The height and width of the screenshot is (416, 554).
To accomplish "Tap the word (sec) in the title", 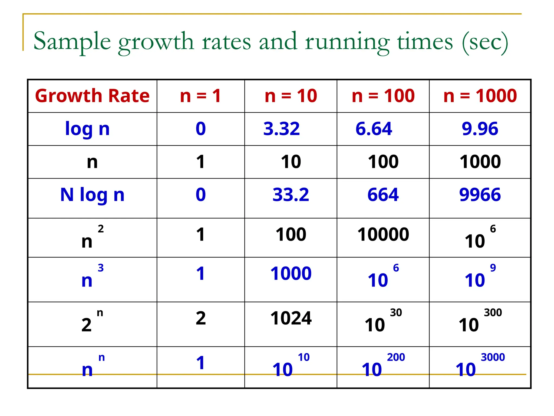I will point(485,42).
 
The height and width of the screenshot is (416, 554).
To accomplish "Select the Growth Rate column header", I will point(92,96).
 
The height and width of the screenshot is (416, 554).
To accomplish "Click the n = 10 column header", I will point(291,96).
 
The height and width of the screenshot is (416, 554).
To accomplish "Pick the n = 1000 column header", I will point(480,96).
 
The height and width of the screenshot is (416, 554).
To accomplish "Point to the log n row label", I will point(87,129).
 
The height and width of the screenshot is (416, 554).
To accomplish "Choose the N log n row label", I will point(92,195).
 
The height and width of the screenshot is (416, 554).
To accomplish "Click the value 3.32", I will point(282,129).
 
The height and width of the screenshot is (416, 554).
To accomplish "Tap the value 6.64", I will point(374,129).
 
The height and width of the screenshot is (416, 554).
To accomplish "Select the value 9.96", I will point(480,129).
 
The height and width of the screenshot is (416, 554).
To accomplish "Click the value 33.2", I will point(291,195).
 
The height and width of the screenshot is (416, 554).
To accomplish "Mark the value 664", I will point(383,195).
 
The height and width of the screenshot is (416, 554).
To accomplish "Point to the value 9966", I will point(480,195).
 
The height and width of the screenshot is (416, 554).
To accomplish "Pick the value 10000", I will point(383,235).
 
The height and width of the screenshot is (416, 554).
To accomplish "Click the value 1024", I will point(291,318).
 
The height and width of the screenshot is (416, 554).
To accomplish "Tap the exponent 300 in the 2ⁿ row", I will point(493,313).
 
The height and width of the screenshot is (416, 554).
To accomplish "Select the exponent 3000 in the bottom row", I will point(493,357).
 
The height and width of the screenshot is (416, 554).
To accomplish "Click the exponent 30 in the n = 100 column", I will point(396,313).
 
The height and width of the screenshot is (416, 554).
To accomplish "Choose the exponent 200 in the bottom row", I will point(396,357).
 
